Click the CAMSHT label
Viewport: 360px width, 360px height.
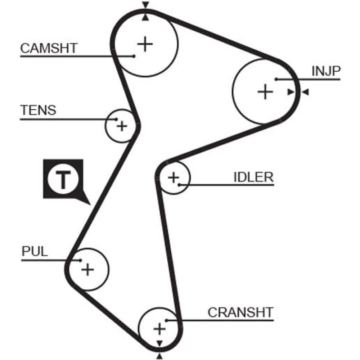pos(49,48)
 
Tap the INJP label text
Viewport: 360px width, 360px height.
pos(325,71)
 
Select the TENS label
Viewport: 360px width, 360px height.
pos(38,110)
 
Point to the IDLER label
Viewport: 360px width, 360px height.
pos(253,177)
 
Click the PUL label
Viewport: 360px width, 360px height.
pos(35,251)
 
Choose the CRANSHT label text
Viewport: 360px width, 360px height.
pos(240,312)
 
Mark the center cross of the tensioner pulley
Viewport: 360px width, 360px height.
pos(122,126)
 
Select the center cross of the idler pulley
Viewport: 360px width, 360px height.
pos(174,177)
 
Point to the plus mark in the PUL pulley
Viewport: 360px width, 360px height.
pos(87,269)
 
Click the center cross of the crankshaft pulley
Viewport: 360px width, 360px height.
pos(159,328)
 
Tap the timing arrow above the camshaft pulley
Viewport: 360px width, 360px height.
pos(145,5)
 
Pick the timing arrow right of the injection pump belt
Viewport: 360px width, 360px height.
pos(305,93)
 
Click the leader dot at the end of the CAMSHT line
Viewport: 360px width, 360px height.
pos(134,56)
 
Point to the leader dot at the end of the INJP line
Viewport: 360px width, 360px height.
pos(276,79)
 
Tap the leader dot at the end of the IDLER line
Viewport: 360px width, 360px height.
pos(179,185)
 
